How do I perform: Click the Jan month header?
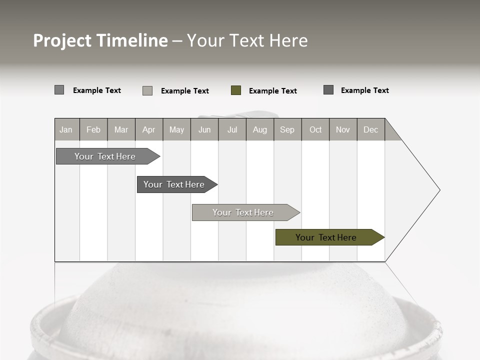click(x=66, y=129)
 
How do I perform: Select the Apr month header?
click(x=149, y=129)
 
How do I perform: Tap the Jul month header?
click(x=232, y=129)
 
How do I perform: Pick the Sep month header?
click(x=287, y=129)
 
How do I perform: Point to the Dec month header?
click(x=370, y=129)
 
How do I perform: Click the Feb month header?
click(x=93, y=129)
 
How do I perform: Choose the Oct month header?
click(x=315, y=129)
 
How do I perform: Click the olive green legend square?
click(x=236, y=90)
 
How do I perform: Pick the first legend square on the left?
click(x=59, y=90)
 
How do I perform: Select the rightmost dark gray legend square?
click(x=328, y=90)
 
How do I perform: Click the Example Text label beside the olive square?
click(x=272, y=91)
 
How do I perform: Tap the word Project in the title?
click(x=62, y=40)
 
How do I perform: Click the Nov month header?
click(x=343, y=129)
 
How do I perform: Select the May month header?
click(x=176, y=129)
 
